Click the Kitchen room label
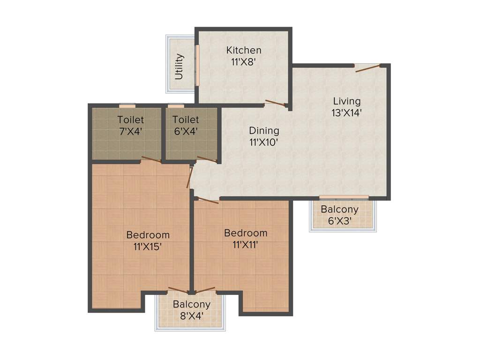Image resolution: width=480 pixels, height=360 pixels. (x=244, y=50)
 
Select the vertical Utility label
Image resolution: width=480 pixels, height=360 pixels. (x=179, y=66)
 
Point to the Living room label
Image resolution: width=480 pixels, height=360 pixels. (x=347, y=101)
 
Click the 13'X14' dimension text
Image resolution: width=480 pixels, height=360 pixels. (x=347, y=112)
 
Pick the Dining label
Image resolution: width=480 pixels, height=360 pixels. (x=264, y=131)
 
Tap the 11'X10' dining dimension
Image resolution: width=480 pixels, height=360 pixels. (x=264, y=142)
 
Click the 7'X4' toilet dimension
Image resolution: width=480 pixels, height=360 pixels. (x=131, y=131)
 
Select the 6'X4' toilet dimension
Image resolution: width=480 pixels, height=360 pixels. (x=185, y=131)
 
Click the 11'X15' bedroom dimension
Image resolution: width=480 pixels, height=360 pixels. (x=148, y=246)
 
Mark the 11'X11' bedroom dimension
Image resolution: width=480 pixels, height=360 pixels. (x=246, y=244)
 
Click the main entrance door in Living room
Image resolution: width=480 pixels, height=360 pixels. (x=367, y=68)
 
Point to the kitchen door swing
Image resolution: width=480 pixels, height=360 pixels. (x=276, y=103)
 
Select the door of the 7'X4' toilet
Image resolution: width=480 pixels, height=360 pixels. (x=151, y=160)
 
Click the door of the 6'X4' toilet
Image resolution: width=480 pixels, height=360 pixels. (x=207, y=159)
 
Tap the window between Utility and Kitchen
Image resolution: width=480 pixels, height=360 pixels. (x=197, y=65)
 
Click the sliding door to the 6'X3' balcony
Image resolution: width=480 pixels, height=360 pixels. (x=344, y=197)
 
